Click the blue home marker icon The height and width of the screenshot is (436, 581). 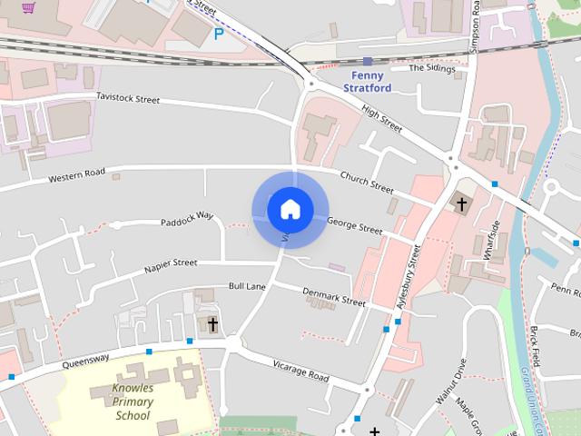290,210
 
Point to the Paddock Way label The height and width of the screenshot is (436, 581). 186,218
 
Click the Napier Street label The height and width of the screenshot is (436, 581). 170,264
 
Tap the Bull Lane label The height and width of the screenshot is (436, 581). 247,286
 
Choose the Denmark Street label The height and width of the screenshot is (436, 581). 333,296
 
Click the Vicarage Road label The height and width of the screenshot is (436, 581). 300,371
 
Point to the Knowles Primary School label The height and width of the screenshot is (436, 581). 133,401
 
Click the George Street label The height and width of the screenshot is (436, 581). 355,223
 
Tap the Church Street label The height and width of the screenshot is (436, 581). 367,183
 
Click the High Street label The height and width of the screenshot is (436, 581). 381,119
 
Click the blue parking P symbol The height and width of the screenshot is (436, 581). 218,34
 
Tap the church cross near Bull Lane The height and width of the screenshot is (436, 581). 213,324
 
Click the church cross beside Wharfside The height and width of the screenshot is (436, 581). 461,203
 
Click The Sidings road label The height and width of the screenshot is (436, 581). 429,68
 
